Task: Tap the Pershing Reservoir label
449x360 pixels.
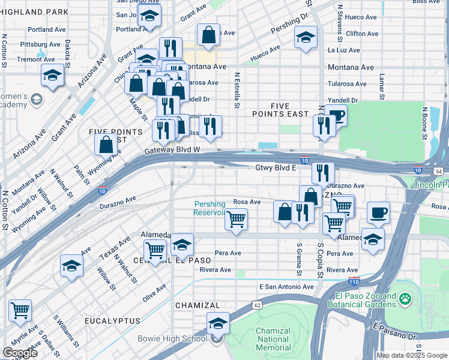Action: click(x=209, y=208)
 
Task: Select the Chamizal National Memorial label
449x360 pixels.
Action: click(x=273, y=339)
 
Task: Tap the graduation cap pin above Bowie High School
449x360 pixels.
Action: click(x=218, y=323)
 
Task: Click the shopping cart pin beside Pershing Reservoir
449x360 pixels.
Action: click(x=236, y=219)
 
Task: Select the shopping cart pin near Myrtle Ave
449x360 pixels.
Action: click(x=20, y=311)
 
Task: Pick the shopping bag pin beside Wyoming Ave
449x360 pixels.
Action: click(x=106, y=145)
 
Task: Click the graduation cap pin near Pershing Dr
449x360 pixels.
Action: click(x=305, y=38)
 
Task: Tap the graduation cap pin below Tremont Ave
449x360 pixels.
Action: click(x=52, y=76)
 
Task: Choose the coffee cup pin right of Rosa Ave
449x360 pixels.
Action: click(x=378, y=212)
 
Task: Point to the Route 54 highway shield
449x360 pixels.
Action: click(x=439, y=172)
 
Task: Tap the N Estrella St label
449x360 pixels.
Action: click(x=237, y=90)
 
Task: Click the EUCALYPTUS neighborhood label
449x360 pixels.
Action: click(x=112, y=322)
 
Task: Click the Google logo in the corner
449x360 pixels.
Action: click(x=20, y=352)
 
